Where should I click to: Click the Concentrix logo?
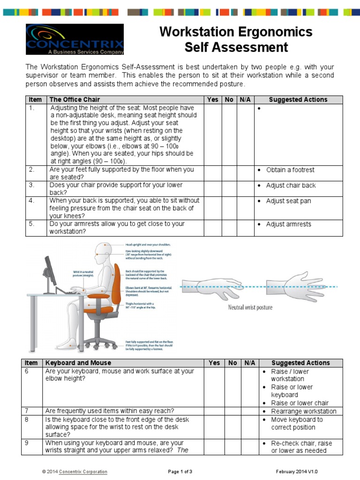[x=75, y=39]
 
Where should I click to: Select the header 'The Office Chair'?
[x=75, y=100]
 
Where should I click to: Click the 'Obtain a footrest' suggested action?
[x=290, y=170]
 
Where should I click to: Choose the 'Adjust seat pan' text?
[x=288, y=201]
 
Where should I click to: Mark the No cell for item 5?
[x=230, y=228]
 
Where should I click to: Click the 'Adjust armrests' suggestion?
[x=288, y=225]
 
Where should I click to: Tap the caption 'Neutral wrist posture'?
[x=250, y=307]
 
